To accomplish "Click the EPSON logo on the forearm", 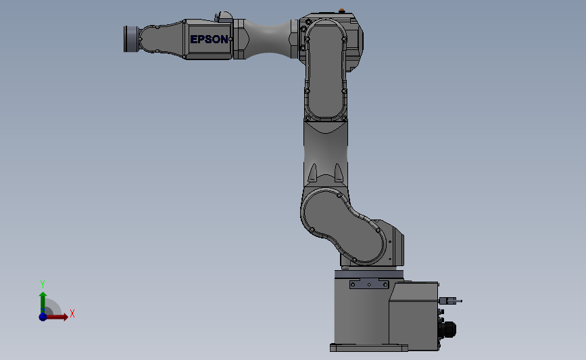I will point(209,39).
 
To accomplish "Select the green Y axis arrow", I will point(42,301).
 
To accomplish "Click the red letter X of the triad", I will point(72,313).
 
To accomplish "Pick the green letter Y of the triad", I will point(42,284).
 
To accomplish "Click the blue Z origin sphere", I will point(43,316).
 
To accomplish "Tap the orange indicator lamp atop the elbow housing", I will point(342,10).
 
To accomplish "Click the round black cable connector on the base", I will point(447,329).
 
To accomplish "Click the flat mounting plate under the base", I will point(368,348).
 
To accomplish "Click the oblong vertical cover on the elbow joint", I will point(326,70).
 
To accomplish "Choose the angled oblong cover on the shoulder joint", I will point(345,226).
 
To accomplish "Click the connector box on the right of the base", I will point(414,314).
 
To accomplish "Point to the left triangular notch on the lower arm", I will point(313,174).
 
